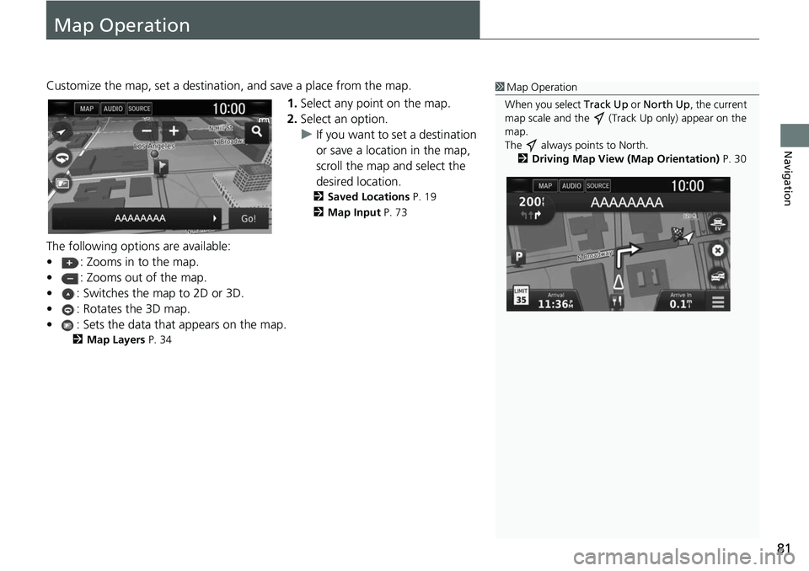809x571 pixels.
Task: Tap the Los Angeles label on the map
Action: pyautogui.click(x=153, y=146)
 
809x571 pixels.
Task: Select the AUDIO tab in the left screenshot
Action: pyautogui.click(x=113, y=109)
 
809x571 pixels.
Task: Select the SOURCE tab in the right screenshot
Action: pyautogui.click(x=597, y=185)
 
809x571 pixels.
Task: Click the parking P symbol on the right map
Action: pyautogui.click(x=520, y=256)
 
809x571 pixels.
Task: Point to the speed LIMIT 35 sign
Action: pyautogui.click(x=521, y=296)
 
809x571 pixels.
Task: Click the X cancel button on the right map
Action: pyautogui.click(x=716, y=251)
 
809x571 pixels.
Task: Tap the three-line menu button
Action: pyautogui.click(x=717, y=302)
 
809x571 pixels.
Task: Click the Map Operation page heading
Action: pyautogui.click(x=122, y=25)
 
